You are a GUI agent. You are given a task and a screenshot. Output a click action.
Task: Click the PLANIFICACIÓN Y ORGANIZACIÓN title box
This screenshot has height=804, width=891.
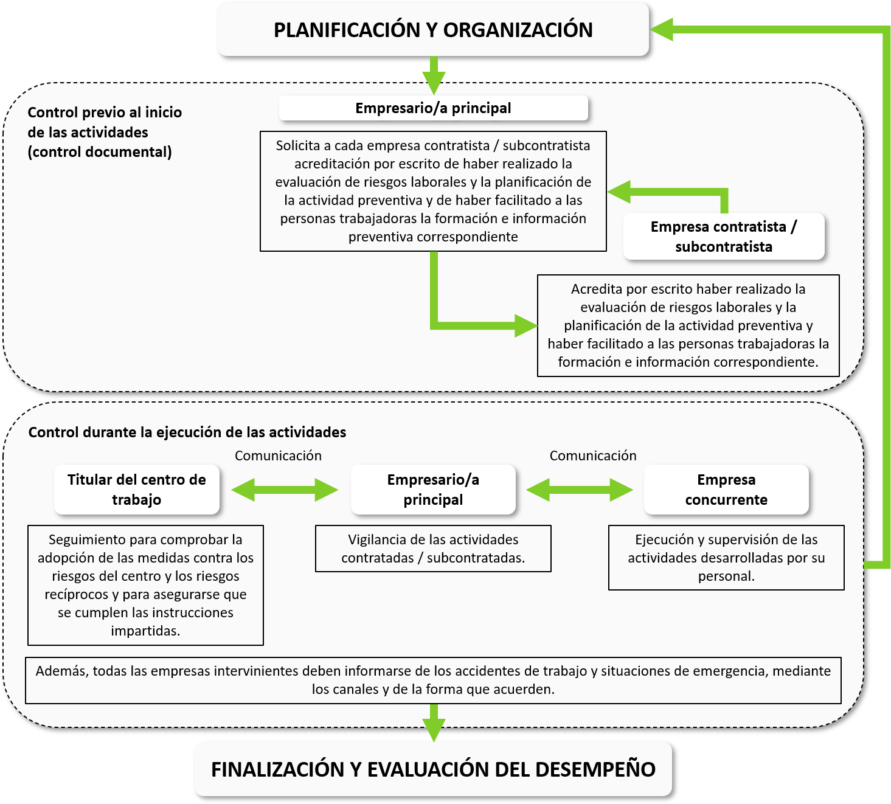433,29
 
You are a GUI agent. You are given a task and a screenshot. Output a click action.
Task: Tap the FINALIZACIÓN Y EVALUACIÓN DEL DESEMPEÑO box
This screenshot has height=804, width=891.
433,769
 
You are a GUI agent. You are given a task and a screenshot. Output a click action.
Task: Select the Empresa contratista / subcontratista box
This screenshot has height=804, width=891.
724,237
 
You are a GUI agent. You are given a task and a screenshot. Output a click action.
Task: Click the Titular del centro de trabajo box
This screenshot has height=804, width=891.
137,490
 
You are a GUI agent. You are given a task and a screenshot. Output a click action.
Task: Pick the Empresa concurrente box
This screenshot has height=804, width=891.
726,490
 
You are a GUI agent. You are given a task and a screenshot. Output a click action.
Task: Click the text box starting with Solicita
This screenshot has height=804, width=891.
433,191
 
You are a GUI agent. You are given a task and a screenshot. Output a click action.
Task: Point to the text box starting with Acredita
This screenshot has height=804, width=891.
688,325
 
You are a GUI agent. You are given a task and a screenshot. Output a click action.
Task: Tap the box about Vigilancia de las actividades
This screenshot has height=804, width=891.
433,549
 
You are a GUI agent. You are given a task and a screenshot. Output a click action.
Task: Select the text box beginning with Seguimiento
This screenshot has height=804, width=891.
146,585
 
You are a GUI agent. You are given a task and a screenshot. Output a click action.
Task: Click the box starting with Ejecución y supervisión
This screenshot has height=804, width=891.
726,558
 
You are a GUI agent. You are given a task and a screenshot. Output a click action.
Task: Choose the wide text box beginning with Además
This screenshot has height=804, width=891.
433,680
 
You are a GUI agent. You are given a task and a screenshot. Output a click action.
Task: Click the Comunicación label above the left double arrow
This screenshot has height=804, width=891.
278,456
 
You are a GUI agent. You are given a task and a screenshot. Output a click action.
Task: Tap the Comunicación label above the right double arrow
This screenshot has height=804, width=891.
593,456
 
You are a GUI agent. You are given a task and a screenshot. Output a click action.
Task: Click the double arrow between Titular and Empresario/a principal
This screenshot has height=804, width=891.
285,490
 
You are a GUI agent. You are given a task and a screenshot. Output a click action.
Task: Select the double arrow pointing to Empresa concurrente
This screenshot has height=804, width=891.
580,490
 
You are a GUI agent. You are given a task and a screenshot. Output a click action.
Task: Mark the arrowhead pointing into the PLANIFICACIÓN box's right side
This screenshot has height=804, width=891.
661,29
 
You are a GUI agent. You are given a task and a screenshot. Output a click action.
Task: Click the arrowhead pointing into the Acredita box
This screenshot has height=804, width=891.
526,325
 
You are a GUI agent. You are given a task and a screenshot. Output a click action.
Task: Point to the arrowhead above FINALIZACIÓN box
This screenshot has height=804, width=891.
434,729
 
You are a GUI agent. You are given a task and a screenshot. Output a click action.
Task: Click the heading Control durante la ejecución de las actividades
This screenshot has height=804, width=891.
187,432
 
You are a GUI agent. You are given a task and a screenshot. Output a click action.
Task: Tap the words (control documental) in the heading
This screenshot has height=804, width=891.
100,152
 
